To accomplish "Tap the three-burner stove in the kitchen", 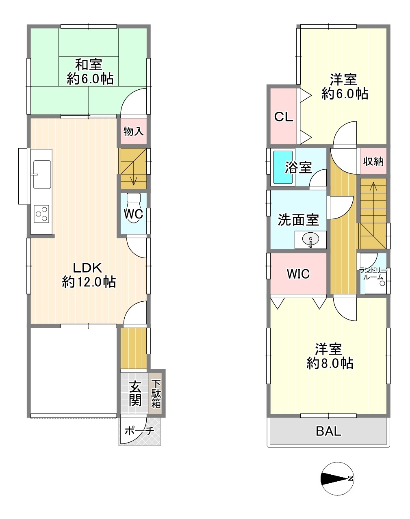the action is [41, 214].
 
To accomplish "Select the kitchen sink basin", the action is [42, 174].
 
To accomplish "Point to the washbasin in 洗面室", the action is [310, 240].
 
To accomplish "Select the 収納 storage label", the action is [373, 161].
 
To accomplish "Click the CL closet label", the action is [284, 117].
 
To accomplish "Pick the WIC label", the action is [298, 274].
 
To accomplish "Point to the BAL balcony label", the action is [328, 431].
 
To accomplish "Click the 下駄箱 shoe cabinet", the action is [156, 394].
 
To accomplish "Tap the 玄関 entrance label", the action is [135, 394].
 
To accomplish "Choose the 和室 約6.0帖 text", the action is [90, 72].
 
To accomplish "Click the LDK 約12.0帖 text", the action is [89, 275].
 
